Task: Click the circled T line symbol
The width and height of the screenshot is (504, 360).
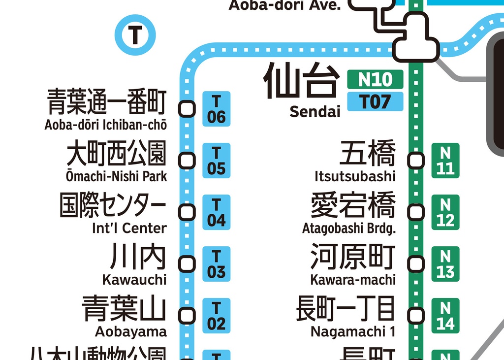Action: [135, 35]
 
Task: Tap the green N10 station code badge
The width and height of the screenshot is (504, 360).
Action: [375, 79]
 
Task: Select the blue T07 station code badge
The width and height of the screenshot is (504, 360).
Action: [375, 101]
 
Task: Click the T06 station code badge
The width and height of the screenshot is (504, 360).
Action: [216, 109]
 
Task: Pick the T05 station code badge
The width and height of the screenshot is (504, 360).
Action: [216, 161]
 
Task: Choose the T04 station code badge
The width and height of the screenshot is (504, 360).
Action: [216, 212]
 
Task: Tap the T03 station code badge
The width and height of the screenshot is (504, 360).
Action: [216, 264]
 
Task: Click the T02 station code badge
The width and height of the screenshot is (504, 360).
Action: [216, 316]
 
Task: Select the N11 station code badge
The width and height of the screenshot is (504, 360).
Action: [445, 161]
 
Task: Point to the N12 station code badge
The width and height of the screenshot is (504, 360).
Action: [445, 212]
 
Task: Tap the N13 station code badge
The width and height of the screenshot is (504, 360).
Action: [445, 264]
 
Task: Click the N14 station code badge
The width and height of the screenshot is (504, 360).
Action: [445, 316]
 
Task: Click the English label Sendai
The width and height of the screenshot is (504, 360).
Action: [315, 112]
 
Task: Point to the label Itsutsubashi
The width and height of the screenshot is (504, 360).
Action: [355, 176]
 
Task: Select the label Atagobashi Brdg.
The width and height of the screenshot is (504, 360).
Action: [349, 229]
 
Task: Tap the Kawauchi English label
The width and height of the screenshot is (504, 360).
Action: [134, 280]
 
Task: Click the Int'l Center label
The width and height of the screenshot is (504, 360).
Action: [129, 228]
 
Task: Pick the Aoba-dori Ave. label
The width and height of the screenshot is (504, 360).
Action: [284, 5]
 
